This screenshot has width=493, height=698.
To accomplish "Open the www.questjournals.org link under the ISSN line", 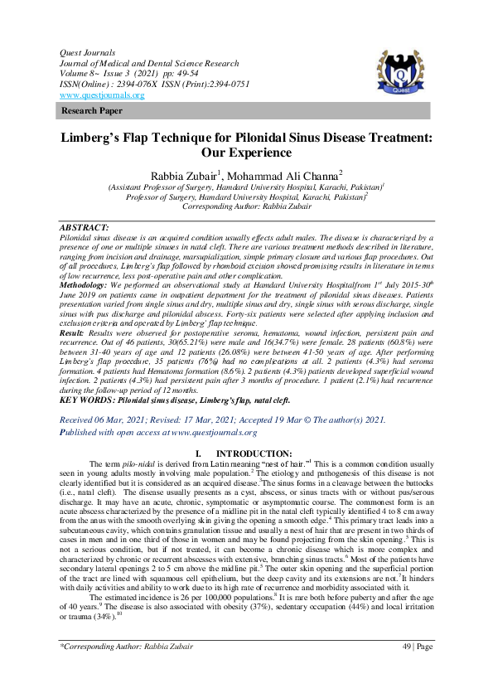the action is pyautogui.click(x=102, y=95).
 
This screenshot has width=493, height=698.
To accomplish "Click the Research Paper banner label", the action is pyautogui.click(x=92, y=110).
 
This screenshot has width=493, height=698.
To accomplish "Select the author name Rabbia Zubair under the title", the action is pyautogui.click(x=176, y=175).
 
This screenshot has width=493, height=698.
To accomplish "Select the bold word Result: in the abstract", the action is pyautogui.click(x=75, y=332).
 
